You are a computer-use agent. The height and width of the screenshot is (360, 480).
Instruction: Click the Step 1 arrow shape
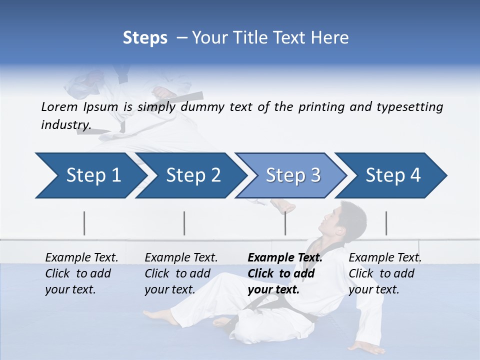pyautogui.click(x=90, y=175)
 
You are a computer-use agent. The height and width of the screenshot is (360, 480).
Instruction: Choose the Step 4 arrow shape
pyautogui.click(x=392, y=175)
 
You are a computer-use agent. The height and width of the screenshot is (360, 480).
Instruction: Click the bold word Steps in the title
pyautogui.click(x=145, y=38)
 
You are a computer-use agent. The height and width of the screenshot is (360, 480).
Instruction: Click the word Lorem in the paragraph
pyautogui.click(x=59, y=106)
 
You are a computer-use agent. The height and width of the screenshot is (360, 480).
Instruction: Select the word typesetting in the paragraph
pyautogui.click(x=407, y=107)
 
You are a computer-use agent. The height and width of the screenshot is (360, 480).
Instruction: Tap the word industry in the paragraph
pyautogui.click(x=65, y=125)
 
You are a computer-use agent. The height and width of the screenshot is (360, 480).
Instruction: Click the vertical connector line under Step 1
pyautogui.click(x=84, y=223)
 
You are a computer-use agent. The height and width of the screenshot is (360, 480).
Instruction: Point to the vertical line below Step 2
pyautogui.click(x=184, y=223)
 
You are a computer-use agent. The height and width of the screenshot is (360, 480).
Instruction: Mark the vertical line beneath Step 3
pyautogui.click(x=285, y=223)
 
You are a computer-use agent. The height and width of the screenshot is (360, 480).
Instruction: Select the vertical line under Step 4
pyautogui.click(x=386, y=223)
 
